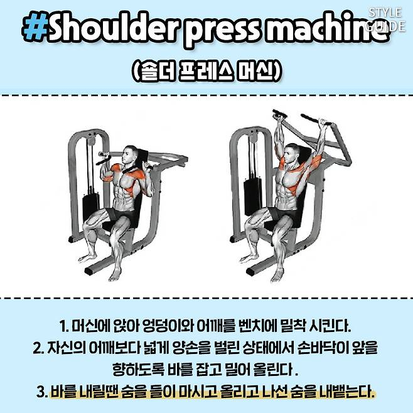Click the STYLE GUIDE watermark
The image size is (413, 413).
[385, 19]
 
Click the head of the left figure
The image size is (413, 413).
[129, 156]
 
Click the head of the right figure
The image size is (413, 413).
[292, 154]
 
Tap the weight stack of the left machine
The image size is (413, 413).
[90, 203]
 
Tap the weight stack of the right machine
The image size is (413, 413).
[253, 195]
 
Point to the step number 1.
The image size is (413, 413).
[63, 326]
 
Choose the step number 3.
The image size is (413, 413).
[42, 392]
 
